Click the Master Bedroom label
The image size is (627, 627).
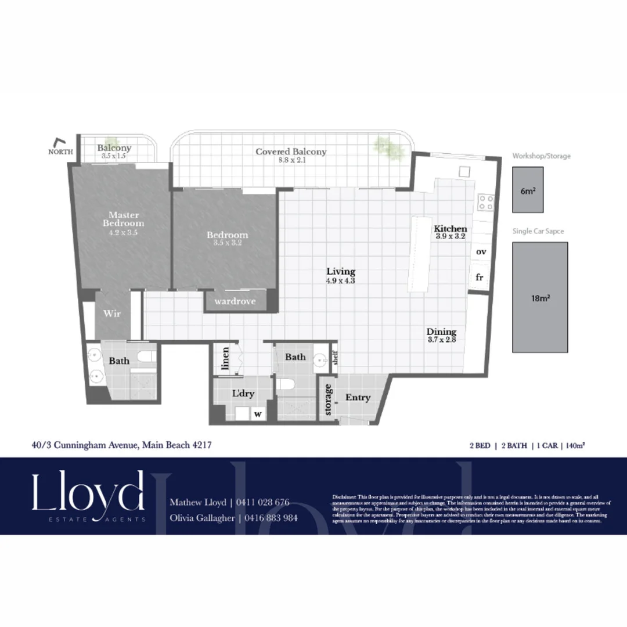[123, 219]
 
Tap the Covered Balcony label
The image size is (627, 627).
[291, 152]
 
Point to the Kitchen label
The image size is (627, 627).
[451, 229]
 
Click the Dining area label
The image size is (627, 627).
[442, 332]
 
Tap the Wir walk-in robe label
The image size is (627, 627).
[112, 313]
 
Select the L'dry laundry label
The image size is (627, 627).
[243, 393]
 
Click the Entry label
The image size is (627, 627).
[358, 398]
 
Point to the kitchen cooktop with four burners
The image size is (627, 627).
[485, 202]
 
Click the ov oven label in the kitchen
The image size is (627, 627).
[481, 252]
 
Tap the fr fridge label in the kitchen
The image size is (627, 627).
[480, 278]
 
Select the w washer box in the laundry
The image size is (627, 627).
[256, 414]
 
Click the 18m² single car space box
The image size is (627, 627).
[540, 297]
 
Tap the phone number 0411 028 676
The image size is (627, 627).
[262, 502]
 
